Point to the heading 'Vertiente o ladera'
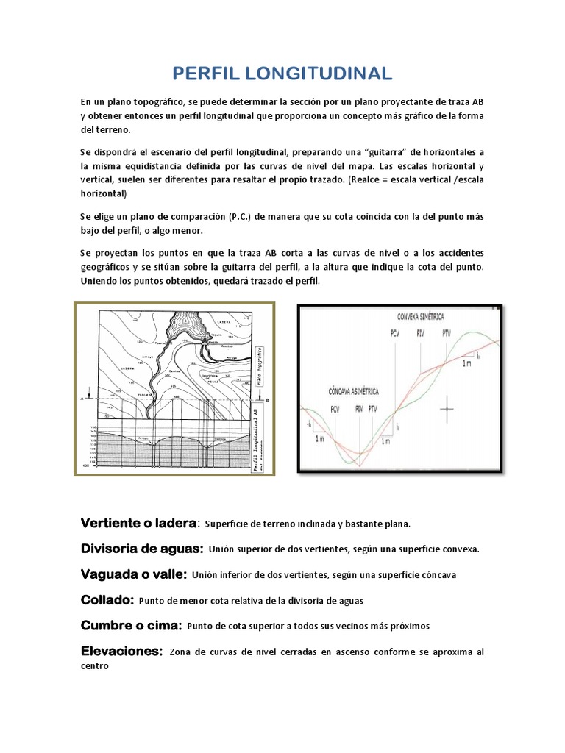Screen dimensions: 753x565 coord(138,523)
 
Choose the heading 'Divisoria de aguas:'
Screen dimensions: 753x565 coord(141,549)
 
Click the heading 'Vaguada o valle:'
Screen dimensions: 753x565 coord(133,574)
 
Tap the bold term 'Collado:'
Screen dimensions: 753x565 coord(106,600)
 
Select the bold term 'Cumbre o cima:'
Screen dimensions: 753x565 coord(131,626)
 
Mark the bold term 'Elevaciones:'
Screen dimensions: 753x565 coord(121,652)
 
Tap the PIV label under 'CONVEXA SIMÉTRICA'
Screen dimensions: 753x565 coord(420,333)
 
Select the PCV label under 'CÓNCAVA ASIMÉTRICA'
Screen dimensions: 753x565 coord(335,409)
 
